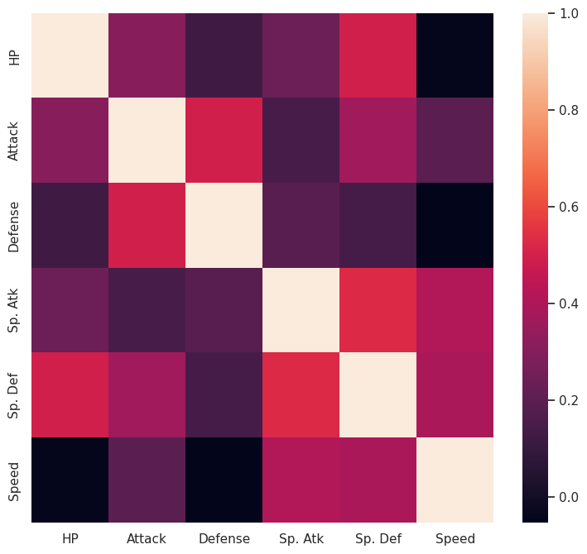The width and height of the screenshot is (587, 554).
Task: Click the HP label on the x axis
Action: (70, 538)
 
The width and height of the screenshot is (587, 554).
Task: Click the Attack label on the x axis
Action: (147, 538)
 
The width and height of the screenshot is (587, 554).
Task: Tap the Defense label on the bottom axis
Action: (224, 538)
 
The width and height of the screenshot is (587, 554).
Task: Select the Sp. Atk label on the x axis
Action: (301, 538)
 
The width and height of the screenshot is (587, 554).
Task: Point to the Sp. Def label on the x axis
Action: (378, 538)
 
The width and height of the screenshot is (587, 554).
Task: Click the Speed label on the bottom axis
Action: (455, 538)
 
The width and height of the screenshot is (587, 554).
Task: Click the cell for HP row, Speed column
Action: (455, 55)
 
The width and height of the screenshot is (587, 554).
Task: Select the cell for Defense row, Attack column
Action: (147, 225)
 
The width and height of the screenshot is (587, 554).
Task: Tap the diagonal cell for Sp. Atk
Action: (301, 310)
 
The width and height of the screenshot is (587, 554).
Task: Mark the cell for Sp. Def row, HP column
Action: (70, 395)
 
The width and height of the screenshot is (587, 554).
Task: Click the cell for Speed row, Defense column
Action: (224, 480)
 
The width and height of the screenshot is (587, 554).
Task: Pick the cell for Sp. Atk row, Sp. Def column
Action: (378, 310)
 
